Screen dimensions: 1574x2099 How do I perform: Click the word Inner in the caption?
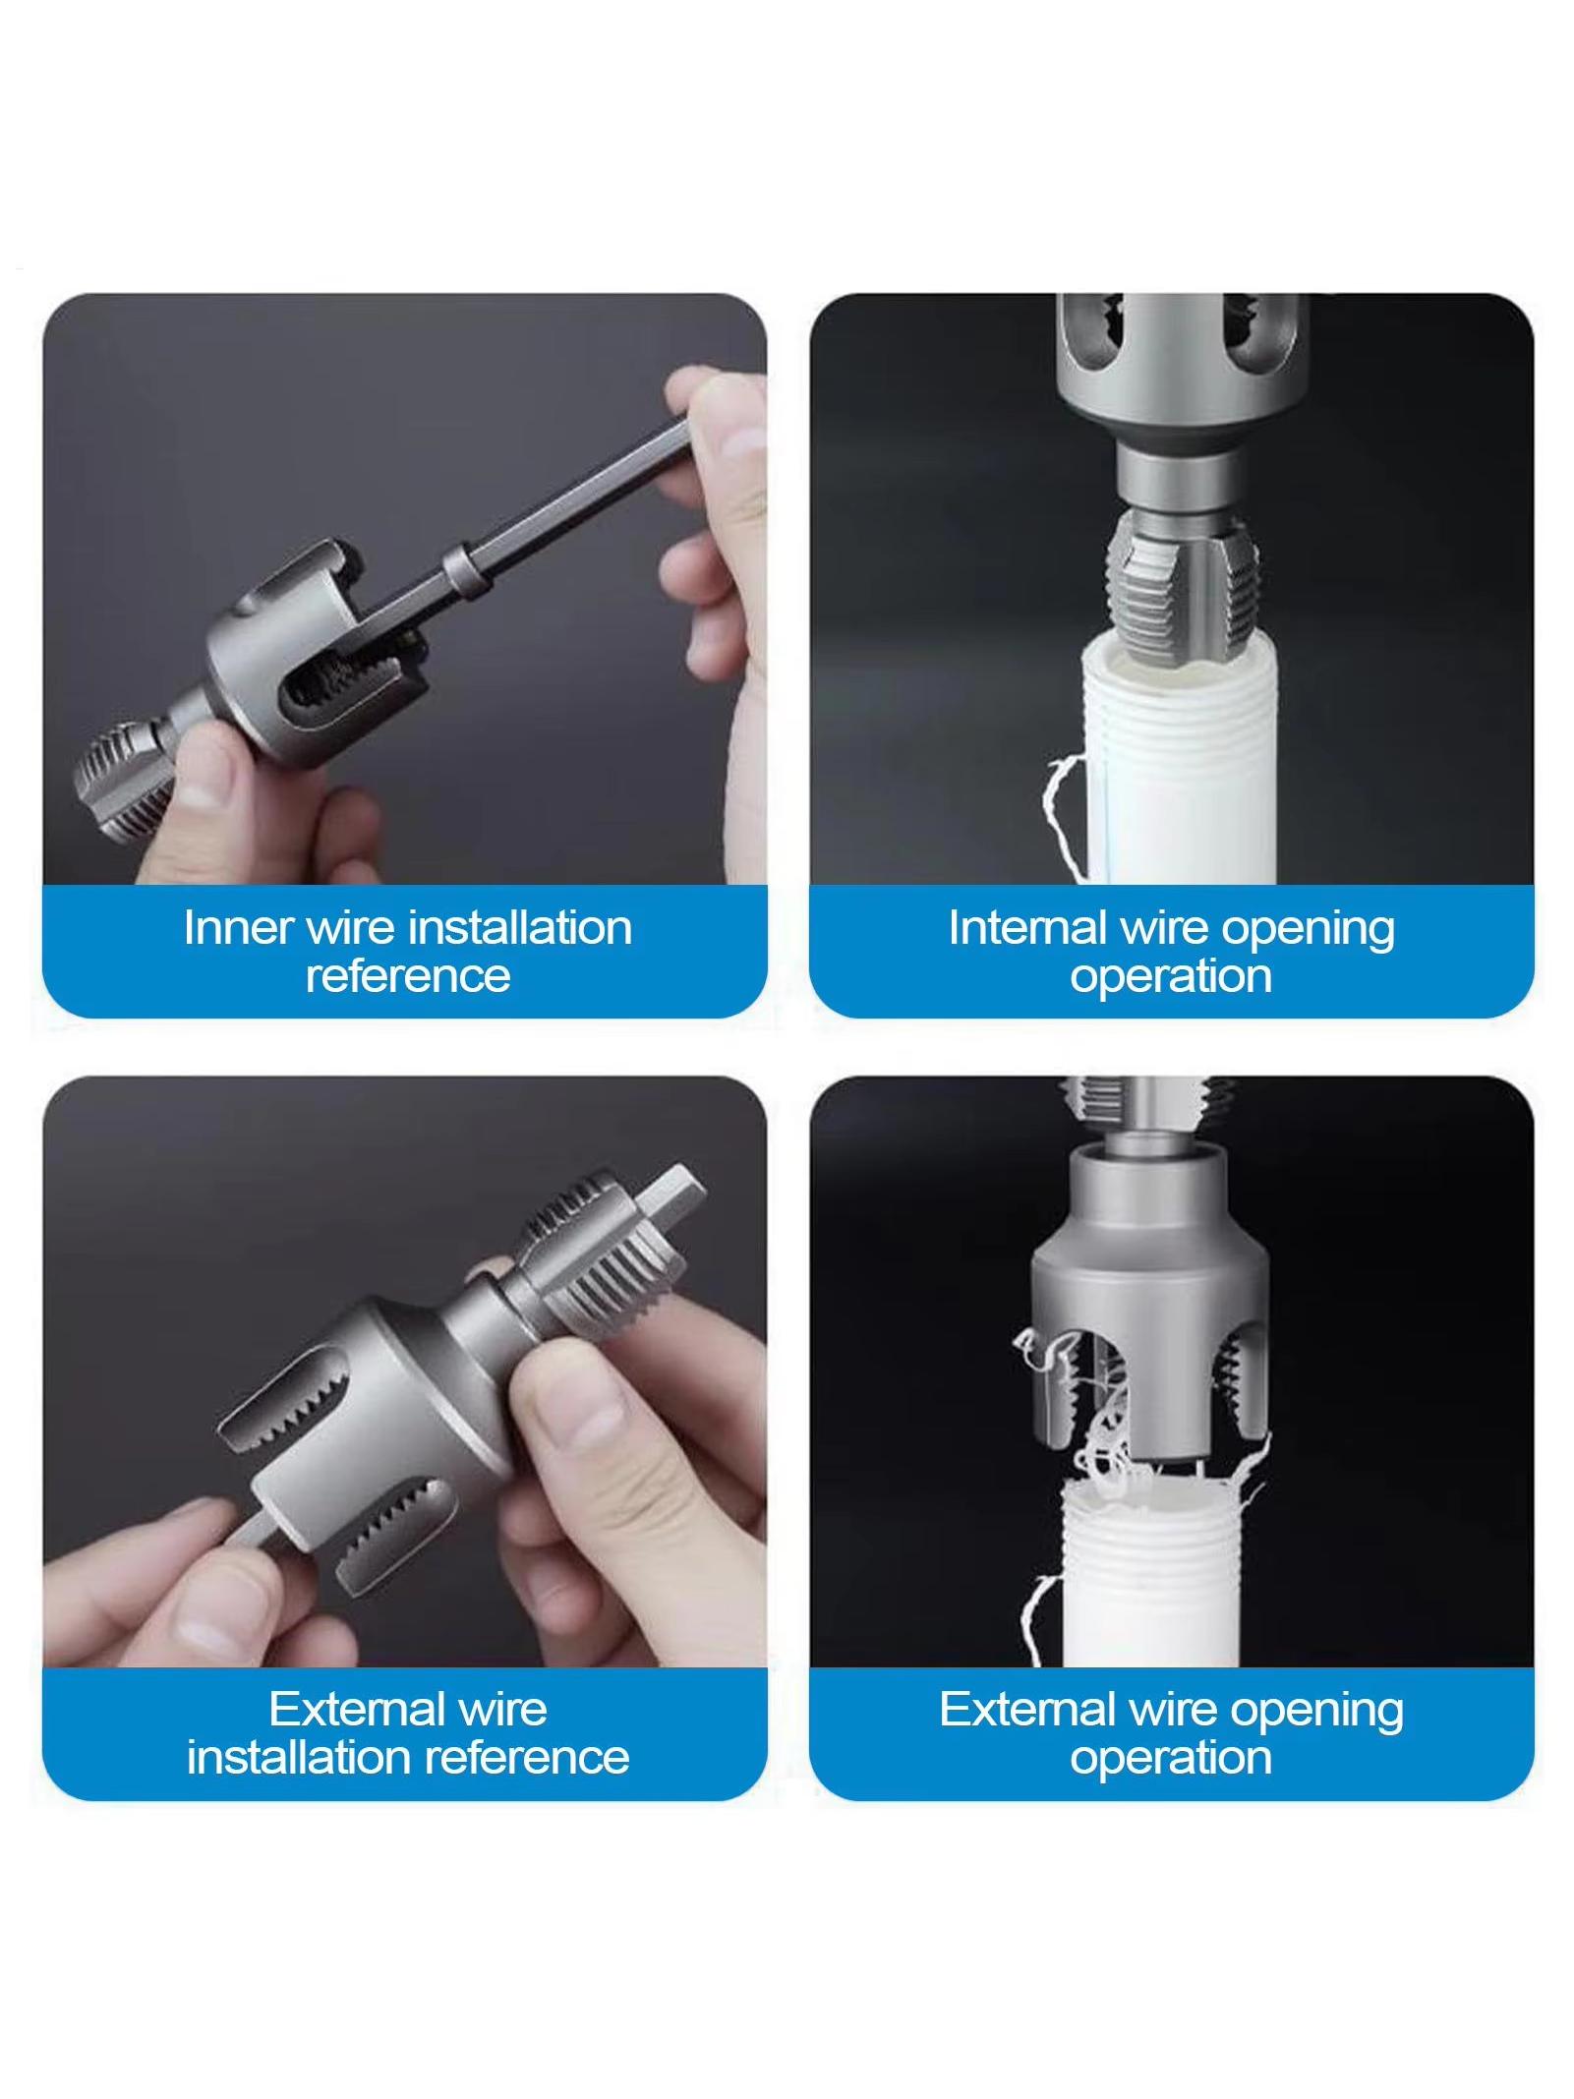click(x=238, y=927)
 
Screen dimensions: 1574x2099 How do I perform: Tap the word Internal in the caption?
click(x=1026, y=927)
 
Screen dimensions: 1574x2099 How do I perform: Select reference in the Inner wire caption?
click(x=408, y=975)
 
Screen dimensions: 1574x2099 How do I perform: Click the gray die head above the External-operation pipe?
click(x=1150, y=1288)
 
